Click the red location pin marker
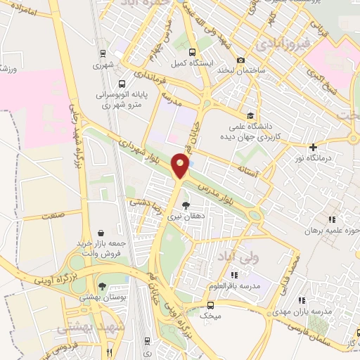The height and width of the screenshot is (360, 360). pos(182,165)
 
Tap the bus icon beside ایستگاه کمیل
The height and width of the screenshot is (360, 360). pos(192,51)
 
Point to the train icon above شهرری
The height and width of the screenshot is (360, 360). pos(103,53)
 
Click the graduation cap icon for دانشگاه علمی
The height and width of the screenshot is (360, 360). pos(250,115)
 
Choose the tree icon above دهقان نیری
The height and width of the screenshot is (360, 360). pos(186,205)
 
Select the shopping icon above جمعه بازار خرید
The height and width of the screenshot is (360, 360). pos(101,232)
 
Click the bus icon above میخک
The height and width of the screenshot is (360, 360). pos(210,305)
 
